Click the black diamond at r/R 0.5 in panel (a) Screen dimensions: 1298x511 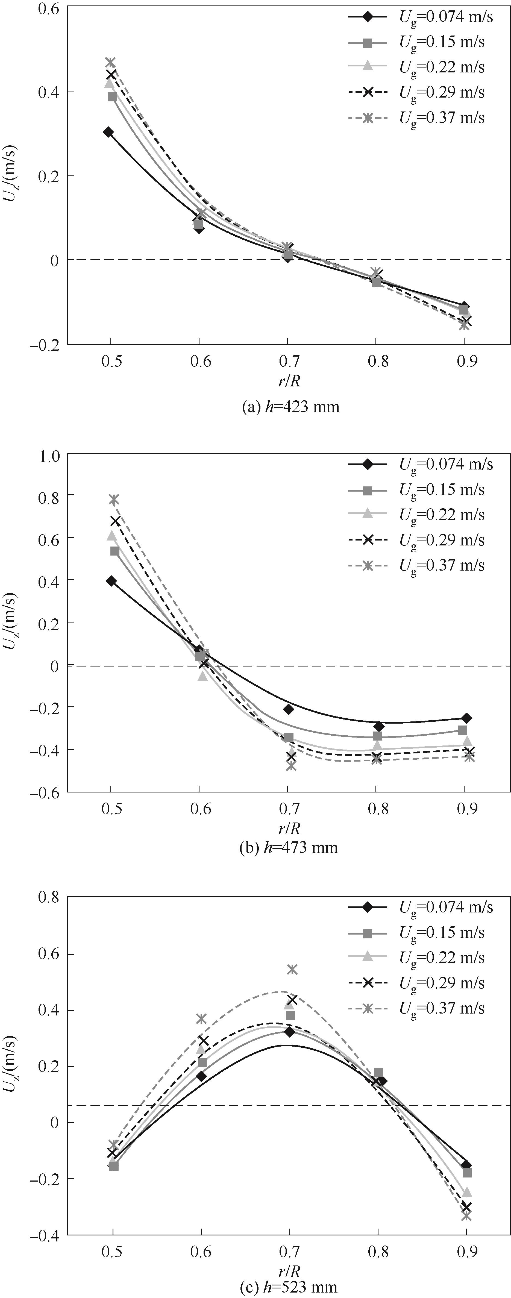coord(108,132)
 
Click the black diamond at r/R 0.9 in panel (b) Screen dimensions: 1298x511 coord(466,718)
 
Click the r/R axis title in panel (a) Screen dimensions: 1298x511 coord(289,380)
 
